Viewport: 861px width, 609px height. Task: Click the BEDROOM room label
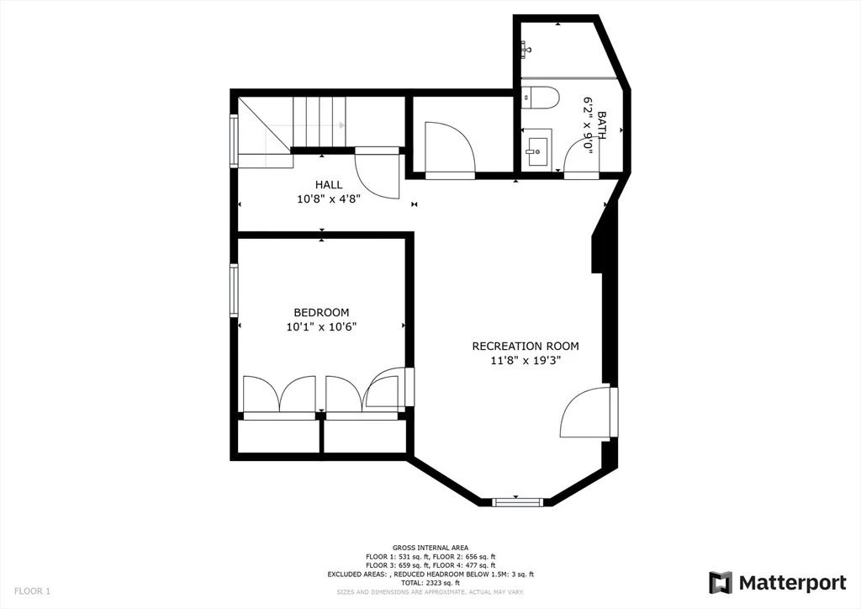[321, 312]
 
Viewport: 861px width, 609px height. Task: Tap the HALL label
[328, 185]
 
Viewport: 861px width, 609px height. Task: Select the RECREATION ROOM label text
[525, 346]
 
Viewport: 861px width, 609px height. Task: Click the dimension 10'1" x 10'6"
[321, 327]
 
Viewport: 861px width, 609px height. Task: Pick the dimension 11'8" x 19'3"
[525, 360]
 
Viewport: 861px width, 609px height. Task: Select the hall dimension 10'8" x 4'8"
[328, 199]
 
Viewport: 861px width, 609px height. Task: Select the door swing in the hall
[376, 175]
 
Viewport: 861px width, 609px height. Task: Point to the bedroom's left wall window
[235, 290]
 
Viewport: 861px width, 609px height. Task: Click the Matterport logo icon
[721, 582]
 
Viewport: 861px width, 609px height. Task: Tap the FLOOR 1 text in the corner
[32, 591]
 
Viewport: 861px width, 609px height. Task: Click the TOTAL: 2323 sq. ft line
[430, 583]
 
